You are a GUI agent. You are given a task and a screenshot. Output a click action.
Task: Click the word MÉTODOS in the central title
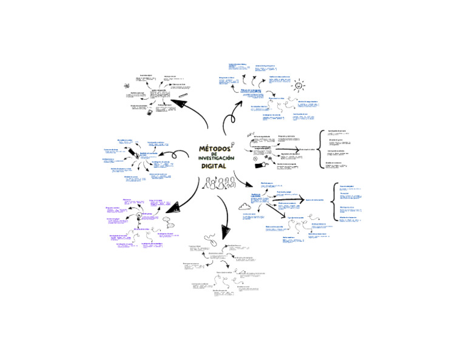pos(214,149)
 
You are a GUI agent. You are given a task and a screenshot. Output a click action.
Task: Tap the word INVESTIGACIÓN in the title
pos(215,158)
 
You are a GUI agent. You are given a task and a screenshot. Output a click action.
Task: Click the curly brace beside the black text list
pos(320,148)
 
